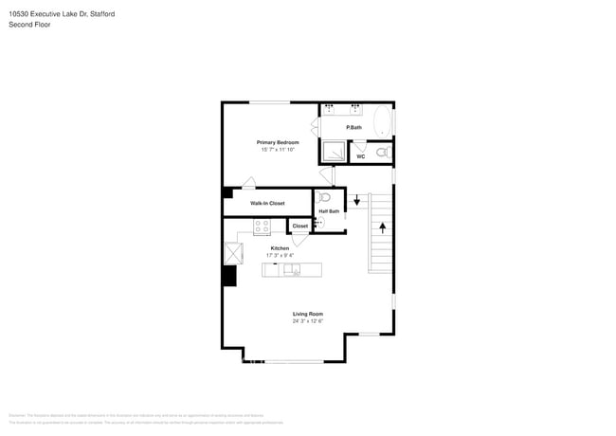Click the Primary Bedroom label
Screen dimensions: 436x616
point(278,142)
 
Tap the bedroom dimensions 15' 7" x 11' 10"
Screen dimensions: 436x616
point(278,150)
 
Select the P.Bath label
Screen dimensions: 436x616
point(353,127)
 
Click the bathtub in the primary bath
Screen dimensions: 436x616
point(381,121)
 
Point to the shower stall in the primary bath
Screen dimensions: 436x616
point(333,151)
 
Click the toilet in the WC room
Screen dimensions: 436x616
point(381,152)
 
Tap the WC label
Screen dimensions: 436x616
point(360,156)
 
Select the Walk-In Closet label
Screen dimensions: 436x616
point(267,203)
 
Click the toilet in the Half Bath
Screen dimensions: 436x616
point(324,198)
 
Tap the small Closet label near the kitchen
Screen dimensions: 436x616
point(299,226)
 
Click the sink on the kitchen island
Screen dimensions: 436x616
point(292,270)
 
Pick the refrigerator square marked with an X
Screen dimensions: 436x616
point(232,253)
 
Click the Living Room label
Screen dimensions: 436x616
point(307,314)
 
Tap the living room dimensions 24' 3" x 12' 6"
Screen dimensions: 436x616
point(307,321)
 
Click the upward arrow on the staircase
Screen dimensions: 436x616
point(382,227)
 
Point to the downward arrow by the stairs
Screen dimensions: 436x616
point(357,200)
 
